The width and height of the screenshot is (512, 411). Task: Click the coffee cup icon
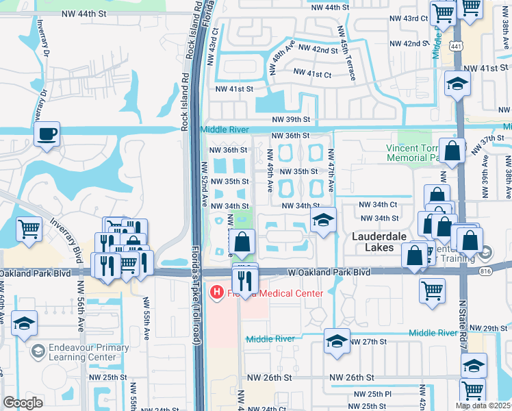click(x=47, y=134)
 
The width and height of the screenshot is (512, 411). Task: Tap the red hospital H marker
click(x=217, y=294)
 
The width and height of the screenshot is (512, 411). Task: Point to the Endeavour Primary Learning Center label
click(x=89, y=352)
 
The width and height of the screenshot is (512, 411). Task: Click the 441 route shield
click(x=455, y=45)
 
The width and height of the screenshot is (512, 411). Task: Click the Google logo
click(x=23, y=403)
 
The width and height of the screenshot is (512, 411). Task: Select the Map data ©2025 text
click(x=483, y=406)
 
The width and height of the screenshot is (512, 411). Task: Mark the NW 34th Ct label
click(x=379, y=205)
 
